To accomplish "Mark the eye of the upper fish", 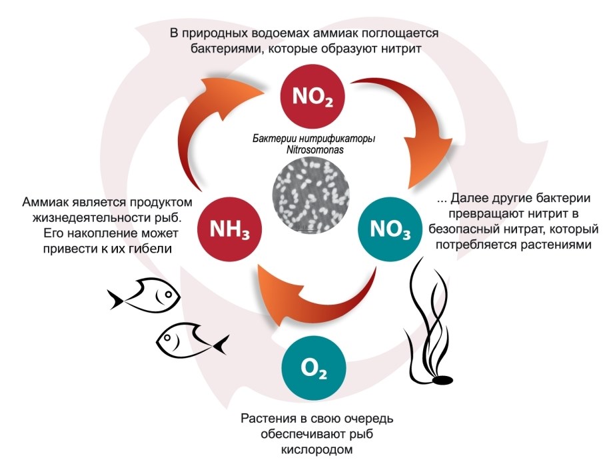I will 169,292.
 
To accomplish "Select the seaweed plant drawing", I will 426,320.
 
